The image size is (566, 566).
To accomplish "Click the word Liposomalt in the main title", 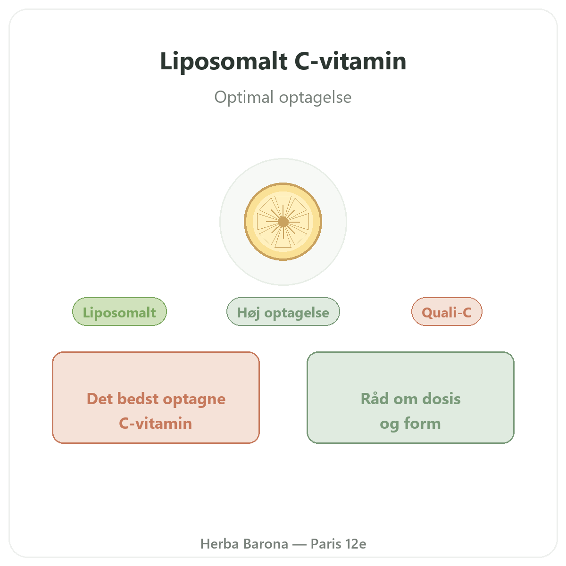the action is (224, 61).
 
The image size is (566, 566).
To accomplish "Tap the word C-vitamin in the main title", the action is (350, 61).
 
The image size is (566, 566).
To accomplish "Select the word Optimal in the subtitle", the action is (244, 97).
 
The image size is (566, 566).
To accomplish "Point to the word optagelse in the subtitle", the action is (315, 98).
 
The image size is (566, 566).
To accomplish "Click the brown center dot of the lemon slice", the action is (283, 222).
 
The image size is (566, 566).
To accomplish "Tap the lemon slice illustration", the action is (283, 222).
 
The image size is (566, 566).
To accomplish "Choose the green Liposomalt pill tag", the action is (119, 312).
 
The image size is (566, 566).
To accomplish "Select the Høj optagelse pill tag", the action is (283, 312).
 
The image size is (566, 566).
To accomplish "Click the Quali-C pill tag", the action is (447, 312).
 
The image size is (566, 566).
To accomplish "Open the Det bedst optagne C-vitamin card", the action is (156, 398).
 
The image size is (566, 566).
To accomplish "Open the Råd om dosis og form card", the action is (410, 398).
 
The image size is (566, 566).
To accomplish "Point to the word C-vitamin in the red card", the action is (156, 423).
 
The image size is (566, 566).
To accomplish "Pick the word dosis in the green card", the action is (441, 399).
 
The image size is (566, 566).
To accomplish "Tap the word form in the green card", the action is (423, 423).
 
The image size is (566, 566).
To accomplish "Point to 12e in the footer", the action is (356, 544).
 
